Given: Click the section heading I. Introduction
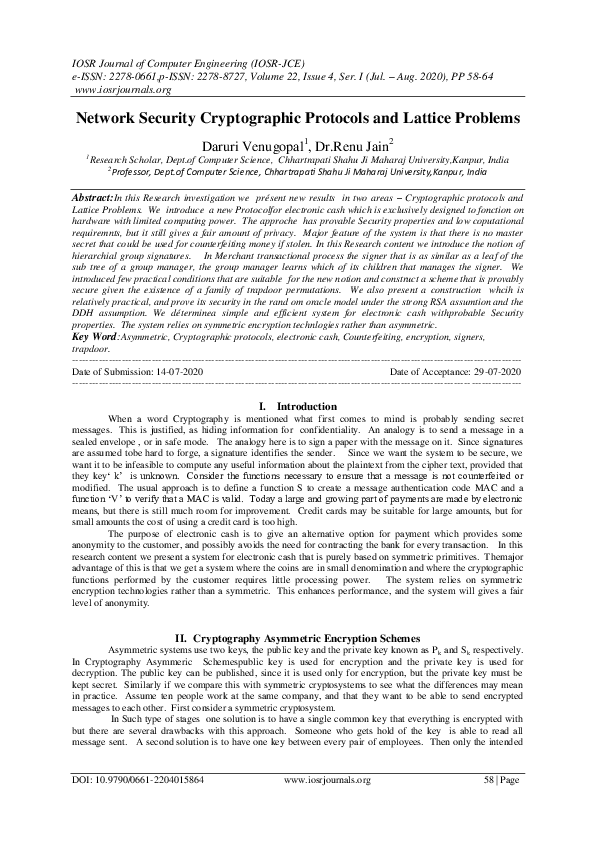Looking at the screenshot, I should click(297, 407).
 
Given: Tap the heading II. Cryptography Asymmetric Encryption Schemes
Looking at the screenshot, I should click(297, 636).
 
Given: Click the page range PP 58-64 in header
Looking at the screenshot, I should click(499, 75).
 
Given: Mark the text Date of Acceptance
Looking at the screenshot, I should click(426, 371).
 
